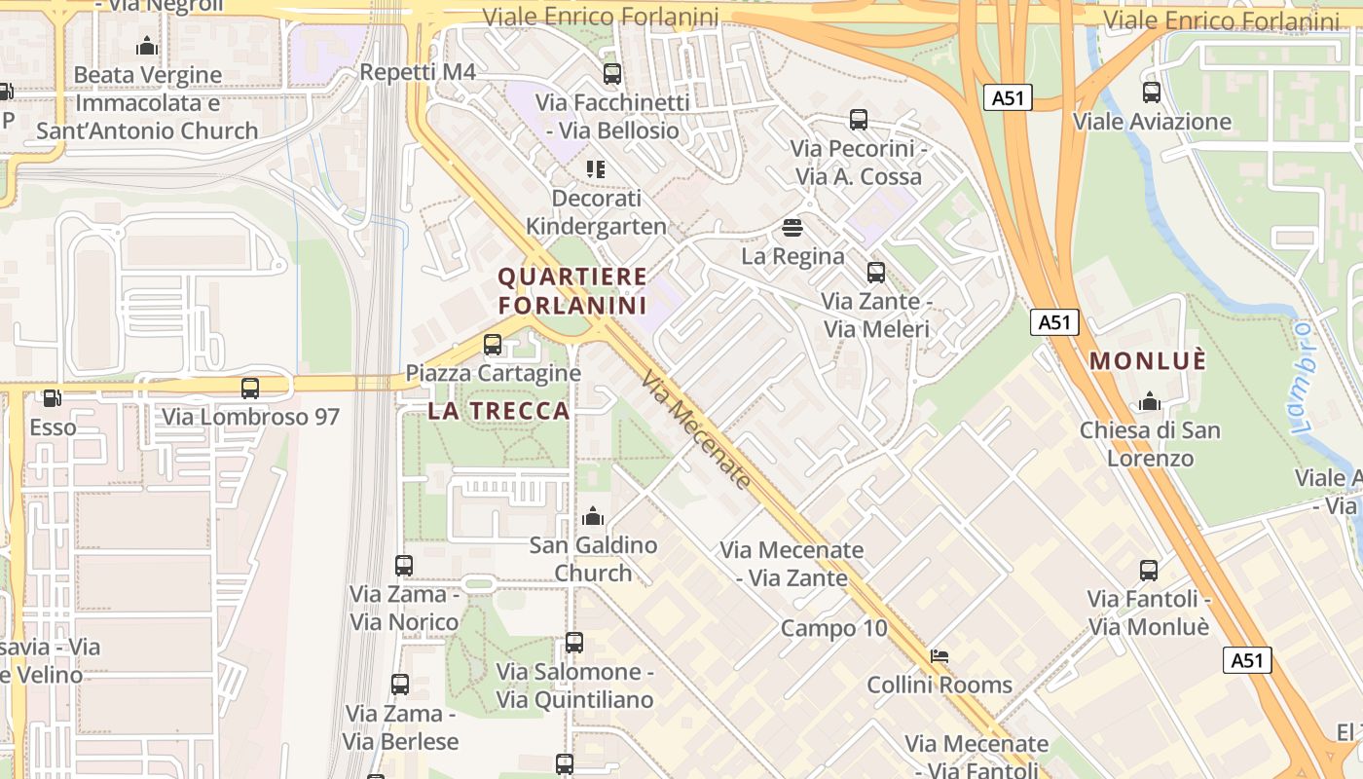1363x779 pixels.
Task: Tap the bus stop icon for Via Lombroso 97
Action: click(250, 388)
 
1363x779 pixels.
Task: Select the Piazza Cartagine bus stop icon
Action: click(493, 344)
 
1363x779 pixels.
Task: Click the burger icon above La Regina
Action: click(792, 228)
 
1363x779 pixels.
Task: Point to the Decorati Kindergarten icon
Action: click(596, 169)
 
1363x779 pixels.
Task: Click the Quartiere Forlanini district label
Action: click(572, 291)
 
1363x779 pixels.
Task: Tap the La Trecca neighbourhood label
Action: click(498, 411)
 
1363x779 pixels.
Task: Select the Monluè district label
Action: click(1148, 361)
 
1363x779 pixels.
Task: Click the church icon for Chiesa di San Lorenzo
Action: click(1150, 401)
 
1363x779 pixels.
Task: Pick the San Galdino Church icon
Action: click(593, 516)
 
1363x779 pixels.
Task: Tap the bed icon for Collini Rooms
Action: click(939, 655)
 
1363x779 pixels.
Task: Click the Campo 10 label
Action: click(834, 628)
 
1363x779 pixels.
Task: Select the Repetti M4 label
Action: click(418, 72)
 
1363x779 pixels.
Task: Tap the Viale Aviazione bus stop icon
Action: click(1152, 93)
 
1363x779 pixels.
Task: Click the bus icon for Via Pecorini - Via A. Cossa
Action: click(858, 120)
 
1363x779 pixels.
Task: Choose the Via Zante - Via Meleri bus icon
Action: click(876, 273)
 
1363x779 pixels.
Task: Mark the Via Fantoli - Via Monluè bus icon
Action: click(1149, 571)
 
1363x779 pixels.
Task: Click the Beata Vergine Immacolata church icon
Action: click(147, 46)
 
